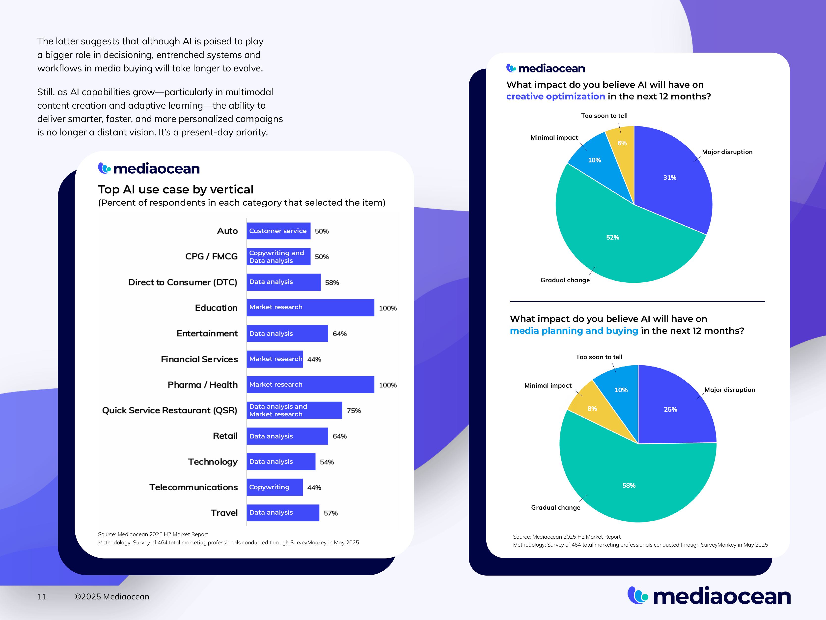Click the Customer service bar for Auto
point(278,231)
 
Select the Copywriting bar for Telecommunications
point(275,487)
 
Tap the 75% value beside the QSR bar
point(354,411)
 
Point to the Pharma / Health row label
point(202,385)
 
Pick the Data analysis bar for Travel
point(283,512)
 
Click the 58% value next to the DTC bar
point(331,282)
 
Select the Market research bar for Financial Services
point(275,359)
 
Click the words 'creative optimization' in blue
point(555,96)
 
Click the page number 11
point(42,596)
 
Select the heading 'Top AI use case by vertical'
point(175,189)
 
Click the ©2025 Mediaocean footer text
point(112,596)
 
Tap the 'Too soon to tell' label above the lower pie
point(599,357)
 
